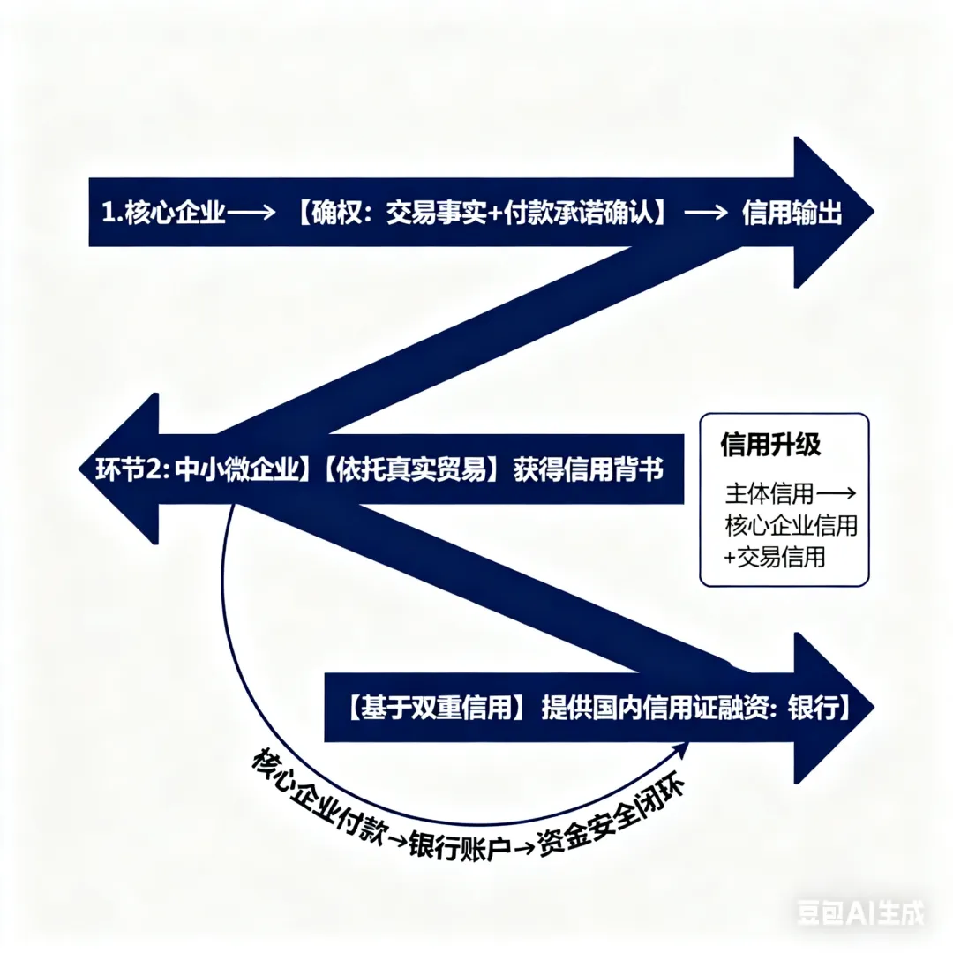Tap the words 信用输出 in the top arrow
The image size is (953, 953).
tap(792, 214)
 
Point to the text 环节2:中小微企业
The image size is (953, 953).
tap(199, 469)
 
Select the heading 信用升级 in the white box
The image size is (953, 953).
tap(770, 445)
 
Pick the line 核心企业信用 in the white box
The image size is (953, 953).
tap(791, 526)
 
